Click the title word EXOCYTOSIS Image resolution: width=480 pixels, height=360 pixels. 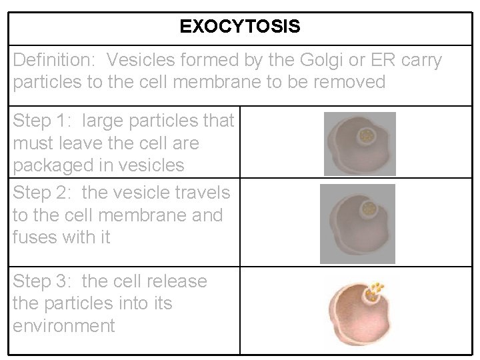[240, 27]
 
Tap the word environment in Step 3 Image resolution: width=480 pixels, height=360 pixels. [63, 326]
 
